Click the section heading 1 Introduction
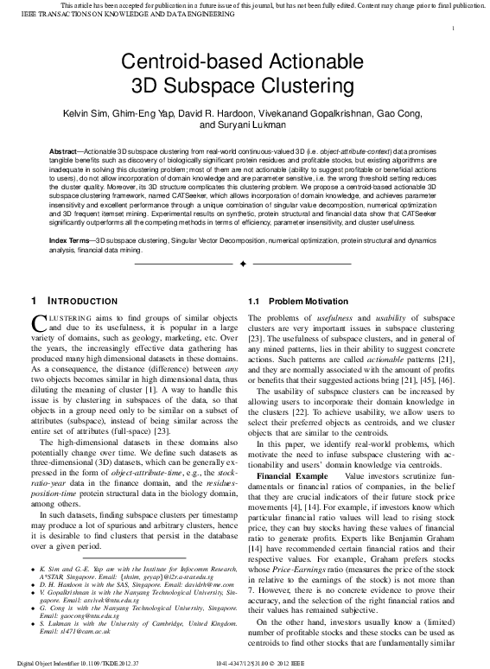74,301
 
